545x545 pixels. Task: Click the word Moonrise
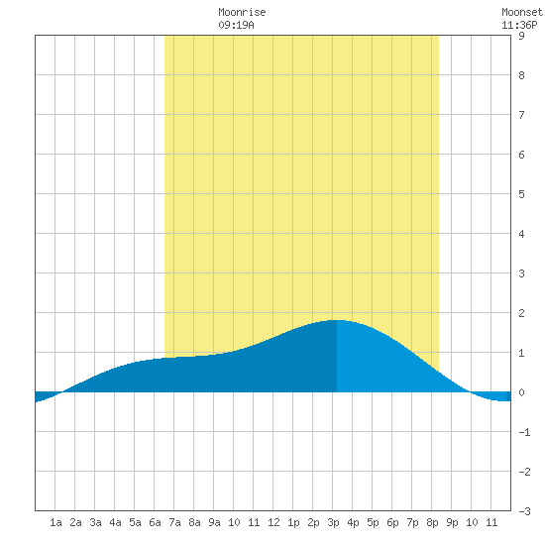[x=242, y=12]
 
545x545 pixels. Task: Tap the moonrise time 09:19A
[x=237, y=25]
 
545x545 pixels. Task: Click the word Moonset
[x=522, y=12]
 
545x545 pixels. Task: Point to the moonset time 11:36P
[x=519, y=25]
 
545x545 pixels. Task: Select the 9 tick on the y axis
[x=521, y=36]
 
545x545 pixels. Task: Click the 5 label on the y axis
[x=521, y=194]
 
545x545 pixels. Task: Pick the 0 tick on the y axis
[x=521, y=392]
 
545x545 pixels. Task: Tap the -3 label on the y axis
[x=524, y=511]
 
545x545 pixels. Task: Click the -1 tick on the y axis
[x=524, y=432]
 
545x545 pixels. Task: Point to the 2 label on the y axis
[x=521, y=313]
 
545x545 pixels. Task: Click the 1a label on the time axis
[x=55, y=522]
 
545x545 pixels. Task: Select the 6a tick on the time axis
[x=155, y=522]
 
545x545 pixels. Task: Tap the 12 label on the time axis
[x=273, y=522]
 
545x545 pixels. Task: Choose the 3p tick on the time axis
[x=333, y=522]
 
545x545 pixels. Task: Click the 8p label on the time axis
[x=432, y=522]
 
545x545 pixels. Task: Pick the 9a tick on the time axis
[x=214, y=522]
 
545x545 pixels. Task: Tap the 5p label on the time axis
[x=373, y=522]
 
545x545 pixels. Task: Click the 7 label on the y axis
[x=521, y=115]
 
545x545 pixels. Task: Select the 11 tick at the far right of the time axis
[x=491, y=522]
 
